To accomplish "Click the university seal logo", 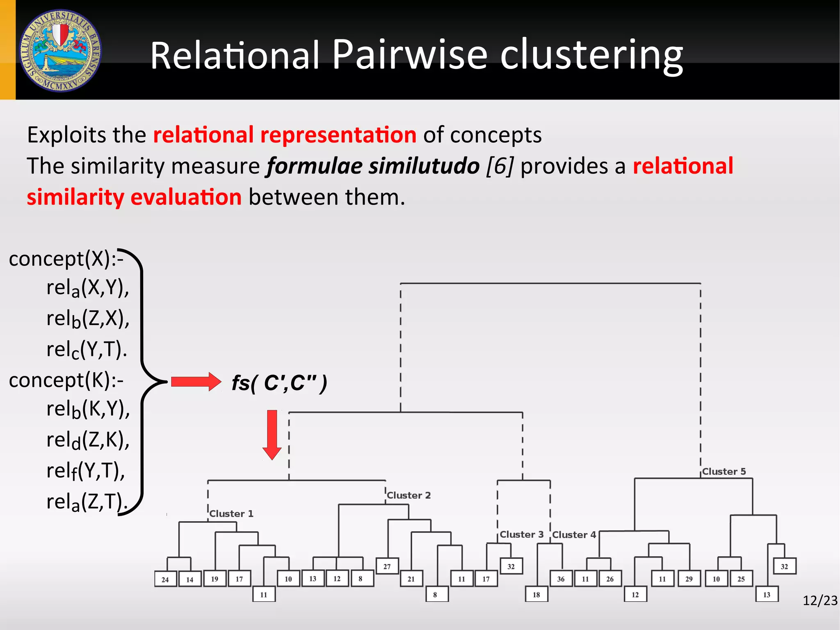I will [60, 50].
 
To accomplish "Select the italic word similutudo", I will [424, 166].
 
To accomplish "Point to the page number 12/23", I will [819, 600].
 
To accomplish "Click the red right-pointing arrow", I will [196, 382].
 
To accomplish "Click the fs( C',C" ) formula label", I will [279, 383].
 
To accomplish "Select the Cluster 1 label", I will [231, 513].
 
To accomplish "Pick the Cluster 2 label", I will [409, 495].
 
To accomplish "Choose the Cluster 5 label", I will [724, 472].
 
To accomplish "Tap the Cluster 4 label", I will [574, 535].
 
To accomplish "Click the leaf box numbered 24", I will [165, 580].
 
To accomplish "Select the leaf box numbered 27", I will [387, 566].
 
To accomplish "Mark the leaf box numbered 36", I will [561, 579].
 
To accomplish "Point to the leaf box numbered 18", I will [536, 595].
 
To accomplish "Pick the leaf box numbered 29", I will [689, 579].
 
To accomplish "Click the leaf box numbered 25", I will [741, 579].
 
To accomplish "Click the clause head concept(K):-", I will [66, 380].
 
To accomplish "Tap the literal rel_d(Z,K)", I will [88, 440].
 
